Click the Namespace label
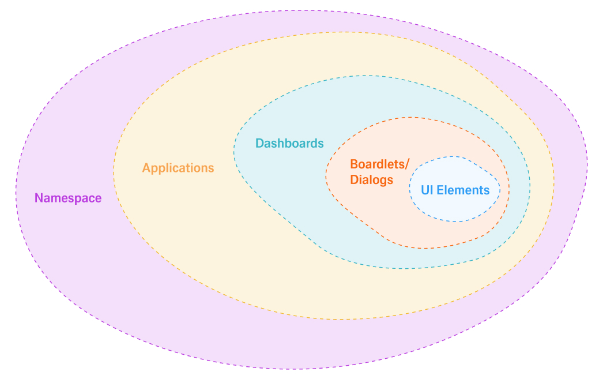click(68, 198)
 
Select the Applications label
click(178, 168)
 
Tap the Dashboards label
click(289, 143)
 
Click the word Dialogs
click(372, 180)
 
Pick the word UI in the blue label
click(427, 190)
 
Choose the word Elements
click(464, 190)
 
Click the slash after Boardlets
click(407, 164)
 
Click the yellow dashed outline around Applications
click(114, 173)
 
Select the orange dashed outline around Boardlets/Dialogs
click(326, 173)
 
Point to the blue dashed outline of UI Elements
click(410, 190)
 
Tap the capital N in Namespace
click(39, 198)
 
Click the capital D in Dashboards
click(259, 143)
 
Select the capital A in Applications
click(146, 168)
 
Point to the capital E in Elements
click(442, 190)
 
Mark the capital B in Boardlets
click(353, 164)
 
